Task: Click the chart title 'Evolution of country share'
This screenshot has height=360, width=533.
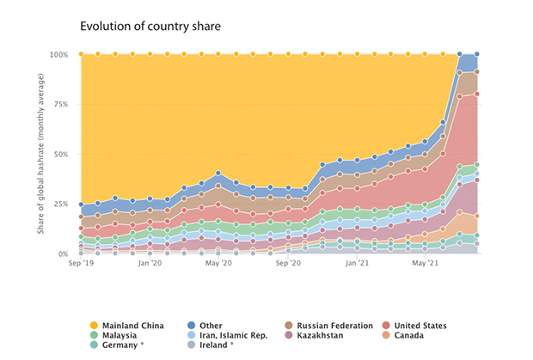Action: [x=150, y=26]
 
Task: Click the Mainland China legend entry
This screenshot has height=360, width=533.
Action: [x=130, y=326]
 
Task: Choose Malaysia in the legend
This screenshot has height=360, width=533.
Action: [x=121, y=335]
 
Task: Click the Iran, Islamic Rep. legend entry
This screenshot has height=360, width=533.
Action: [x=230, y=335]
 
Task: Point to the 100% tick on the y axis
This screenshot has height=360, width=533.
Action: [x=58, y=55]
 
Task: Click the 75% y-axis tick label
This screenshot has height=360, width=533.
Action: [x=60, y=105]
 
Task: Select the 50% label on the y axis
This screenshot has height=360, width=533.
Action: [x=60, y=155]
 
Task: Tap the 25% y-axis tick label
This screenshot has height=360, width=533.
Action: [x=60, y=204]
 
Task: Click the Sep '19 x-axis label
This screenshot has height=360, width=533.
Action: [x=81, y=265]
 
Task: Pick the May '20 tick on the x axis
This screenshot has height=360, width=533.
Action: [x=219, y=265]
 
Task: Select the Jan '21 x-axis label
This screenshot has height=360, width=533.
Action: [x=357, y=265]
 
